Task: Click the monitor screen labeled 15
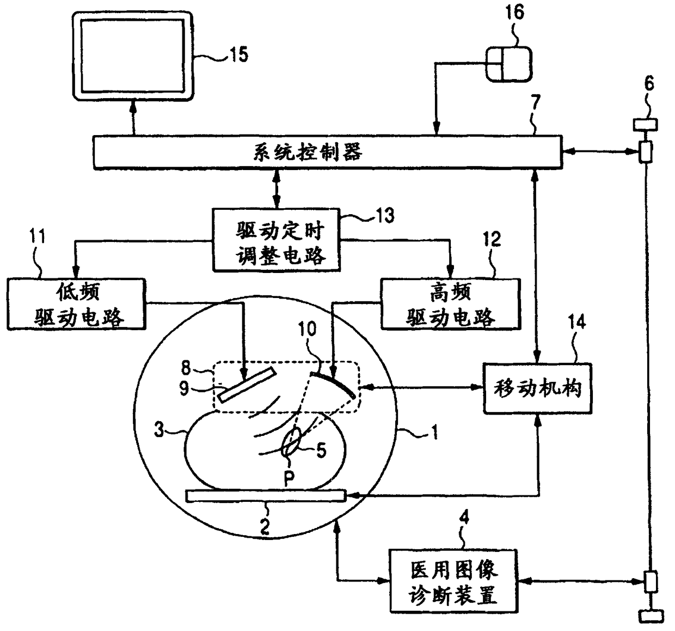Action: coord(133,56)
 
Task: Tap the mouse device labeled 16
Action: coord(509,64)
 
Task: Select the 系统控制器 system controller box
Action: coord(328,152)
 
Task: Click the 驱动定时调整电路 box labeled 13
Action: coord(277,240)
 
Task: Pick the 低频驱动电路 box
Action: coord(76,304)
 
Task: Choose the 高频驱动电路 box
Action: coord(451,304)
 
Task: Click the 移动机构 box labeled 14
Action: coord(538,389)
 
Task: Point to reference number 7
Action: coord(536,102)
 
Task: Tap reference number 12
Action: coord(492,239)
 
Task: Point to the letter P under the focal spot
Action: coord(289,478)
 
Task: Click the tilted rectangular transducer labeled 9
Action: coord(247,384)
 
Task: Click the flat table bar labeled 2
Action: coord(266,495)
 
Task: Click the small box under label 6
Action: coord(645,125)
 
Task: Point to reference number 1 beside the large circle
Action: coord(434,432)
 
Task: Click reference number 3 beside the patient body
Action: coord(159,430)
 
